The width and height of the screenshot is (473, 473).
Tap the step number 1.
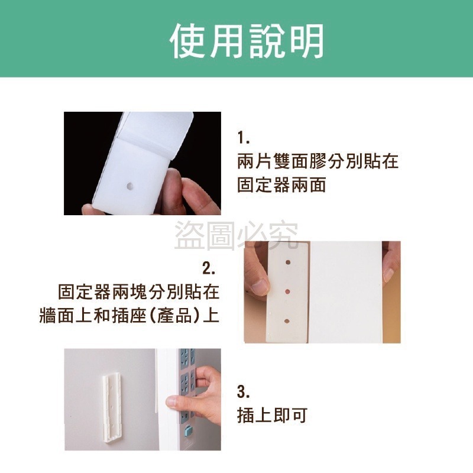(x=244, y=139)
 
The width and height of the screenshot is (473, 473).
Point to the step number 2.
(x=209, y=270)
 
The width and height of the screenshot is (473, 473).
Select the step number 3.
(x=244, y=392)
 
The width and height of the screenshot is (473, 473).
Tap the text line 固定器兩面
(x=281, y=184)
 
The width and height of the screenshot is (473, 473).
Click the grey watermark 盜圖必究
(x=237, y=235)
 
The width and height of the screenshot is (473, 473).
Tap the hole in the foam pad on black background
(x=130, y=186)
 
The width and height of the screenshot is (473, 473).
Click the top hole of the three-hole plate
(x=287, y=260)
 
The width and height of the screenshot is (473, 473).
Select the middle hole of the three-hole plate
(x=287, y=290)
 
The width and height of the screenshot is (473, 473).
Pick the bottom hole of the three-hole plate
(x=287, y=320)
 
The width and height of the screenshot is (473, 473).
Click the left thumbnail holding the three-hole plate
(x=259, y=287)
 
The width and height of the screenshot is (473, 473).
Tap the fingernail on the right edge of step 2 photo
(x=388, y=274)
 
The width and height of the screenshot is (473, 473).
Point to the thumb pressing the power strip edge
(x=173, y=401)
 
